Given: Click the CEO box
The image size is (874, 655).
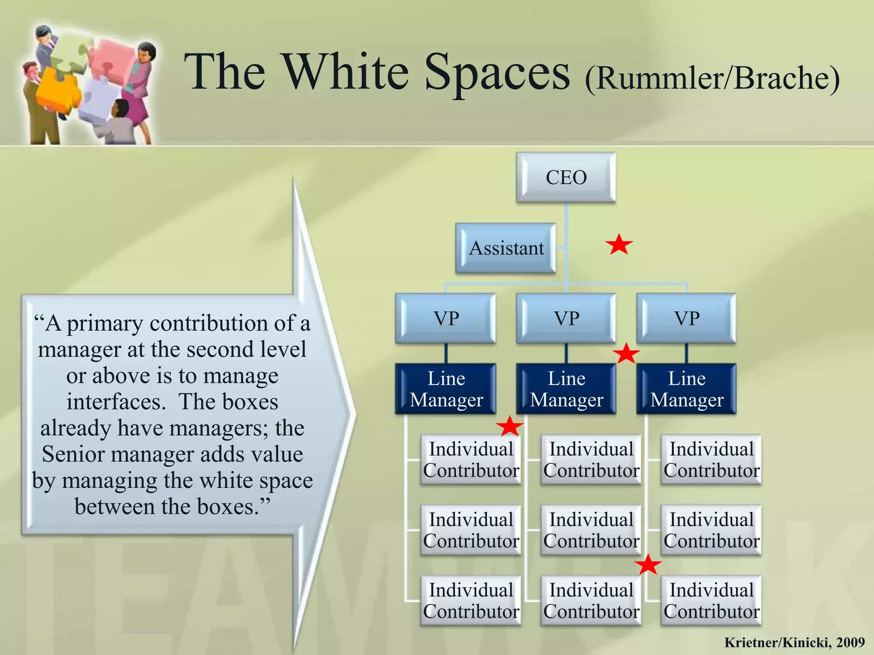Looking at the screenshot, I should (566, 177).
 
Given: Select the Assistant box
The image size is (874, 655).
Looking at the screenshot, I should (506, 248).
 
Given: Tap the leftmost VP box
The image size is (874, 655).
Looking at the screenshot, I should (446, 318).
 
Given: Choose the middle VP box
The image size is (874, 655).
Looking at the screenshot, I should (566, 318).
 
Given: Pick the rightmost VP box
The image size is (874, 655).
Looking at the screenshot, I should (686, 318).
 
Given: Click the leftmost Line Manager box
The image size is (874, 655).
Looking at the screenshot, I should (446, 389).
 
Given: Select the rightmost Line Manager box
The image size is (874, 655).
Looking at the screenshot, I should (686, 389).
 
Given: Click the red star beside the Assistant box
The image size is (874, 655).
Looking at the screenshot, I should (619, 245).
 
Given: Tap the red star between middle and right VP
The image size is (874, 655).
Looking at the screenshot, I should (626, 354).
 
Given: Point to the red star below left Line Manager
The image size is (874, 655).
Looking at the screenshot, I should (510, 426).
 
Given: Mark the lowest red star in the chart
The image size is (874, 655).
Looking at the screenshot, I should (648, 565).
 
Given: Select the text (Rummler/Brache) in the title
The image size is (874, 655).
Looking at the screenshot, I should (712, 78).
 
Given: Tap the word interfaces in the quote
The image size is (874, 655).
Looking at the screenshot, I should (116, 402).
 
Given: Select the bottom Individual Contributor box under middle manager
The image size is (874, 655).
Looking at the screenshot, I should (591, 600).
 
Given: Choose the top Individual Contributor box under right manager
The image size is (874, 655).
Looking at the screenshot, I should (711, 460).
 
